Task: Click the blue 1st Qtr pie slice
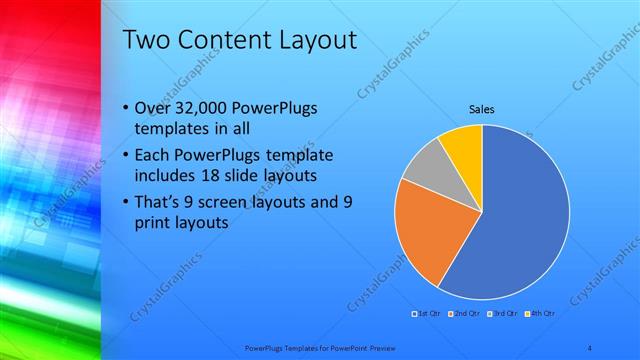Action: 525,220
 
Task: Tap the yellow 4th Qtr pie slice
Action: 464,142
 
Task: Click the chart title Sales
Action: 481,109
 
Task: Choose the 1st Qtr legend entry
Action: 429,314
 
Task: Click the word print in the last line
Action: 151,224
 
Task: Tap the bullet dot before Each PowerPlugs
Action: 124,157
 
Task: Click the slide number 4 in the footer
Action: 592,347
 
